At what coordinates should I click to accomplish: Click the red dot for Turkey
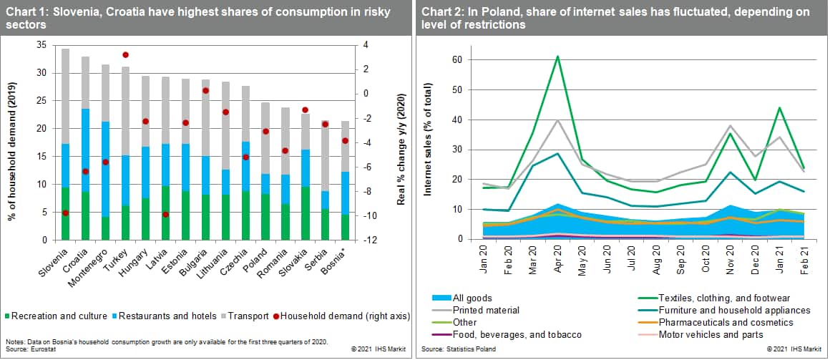pyautogui.click(x=125, y=55)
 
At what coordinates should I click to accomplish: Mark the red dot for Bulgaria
pyautogui.click(x=205, y=91)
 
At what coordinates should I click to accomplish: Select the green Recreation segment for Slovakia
pyautogui.click(x=305, y=213)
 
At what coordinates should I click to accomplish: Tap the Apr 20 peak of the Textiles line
pyautogui.click(x=557, y=57)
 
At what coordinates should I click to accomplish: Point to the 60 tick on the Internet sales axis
pyautogui.click(x=455, y=59)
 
